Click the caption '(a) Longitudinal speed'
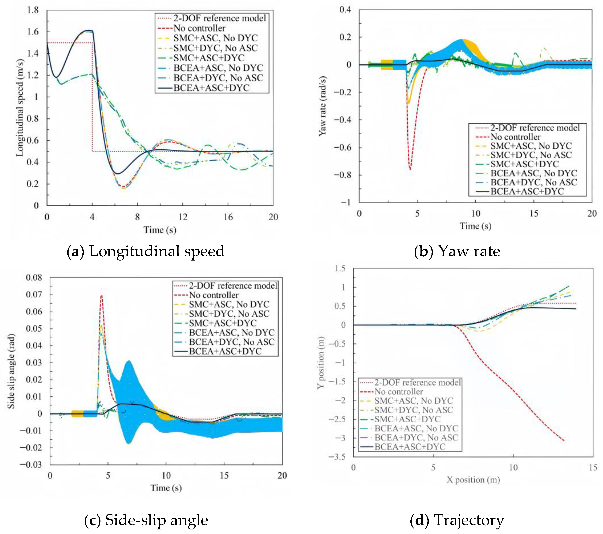(146, 251)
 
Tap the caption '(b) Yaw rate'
(457, 251)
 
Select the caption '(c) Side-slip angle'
(146, 520)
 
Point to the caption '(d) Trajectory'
(457, 520)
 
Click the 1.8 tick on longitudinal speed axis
(33, 10)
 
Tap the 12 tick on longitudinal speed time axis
(183, 217)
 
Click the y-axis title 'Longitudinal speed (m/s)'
(20, 108)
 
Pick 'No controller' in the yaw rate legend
(515, 137)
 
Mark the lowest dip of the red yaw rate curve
(410, 169)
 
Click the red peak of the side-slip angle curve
(101, 295)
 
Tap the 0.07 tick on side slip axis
(34, 294)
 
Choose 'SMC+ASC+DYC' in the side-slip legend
(223, 323)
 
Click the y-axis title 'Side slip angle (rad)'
(11, 372)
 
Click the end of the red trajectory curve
(564, 441)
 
